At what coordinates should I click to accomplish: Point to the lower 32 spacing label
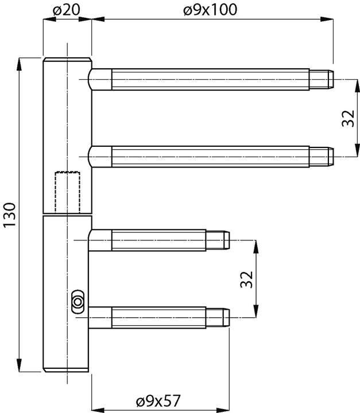246,279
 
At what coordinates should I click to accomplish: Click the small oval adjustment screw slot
77,301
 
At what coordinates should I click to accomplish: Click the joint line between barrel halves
67,215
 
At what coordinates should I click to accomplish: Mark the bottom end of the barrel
67,369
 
